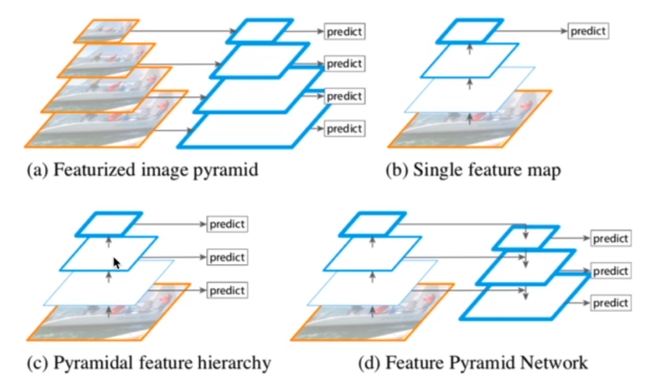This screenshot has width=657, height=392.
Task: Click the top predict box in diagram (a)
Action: pos(345,31)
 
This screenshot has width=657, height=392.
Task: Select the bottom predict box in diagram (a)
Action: pos(345,128)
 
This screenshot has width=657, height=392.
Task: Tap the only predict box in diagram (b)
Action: pos(589,31)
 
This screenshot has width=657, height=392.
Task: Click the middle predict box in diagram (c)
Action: pos(228,258)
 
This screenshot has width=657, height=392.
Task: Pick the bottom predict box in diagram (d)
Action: pos(610,303)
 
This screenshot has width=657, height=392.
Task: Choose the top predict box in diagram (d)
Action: pos(610,239)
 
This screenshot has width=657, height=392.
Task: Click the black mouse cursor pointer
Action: pos(117,262)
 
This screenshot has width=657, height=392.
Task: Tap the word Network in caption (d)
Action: pos(554,363)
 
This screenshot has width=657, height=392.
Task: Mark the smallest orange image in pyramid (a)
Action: pos(106,31)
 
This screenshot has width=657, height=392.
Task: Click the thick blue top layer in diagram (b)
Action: pos(470,31)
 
